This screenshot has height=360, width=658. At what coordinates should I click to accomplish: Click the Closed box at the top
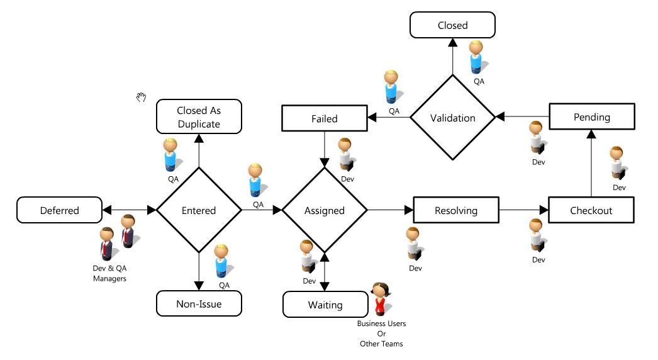[x=452, y=26]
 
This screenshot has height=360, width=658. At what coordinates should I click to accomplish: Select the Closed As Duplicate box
[x=199, y=117]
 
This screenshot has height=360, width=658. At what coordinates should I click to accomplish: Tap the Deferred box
[x=60, y=210]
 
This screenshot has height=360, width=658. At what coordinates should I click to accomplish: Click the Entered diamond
[x=199, y=210]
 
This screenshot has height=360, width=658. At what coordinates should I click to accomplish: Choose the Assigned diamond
[x=325, y=210]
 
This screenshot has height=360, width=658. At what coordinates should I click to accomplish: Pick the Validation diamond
[x=452, y=118]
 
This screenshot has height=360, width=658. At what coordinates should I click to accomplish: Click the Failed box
[x=325, y=118]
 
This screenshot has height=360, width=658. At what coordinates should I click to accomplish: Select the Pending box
[x=591, y=118]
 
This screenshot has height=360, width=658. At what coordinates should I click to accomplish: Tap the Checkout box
[x=591, y=210]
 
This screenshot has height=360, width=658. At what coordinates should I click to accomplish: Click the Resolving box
[x=456, y=210]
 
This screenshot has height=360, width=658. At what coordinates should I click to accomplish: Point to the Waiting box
[x=325, y=305]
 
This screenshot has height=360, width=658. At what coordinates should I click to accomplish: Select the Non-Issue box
[x=199, y=305]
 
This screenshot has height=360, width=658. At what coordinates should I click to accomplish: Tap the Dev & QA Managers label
[x=109, y=273]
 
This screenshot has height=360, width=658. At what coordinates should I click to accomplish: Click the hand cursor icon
[x=142, y=97]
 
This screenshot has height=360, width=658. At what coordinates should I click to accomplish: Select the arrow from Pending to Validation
[x=522, y=117]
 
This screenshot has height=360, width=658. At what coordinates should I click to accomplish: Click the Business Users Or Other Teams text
[x=381, y=334]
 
